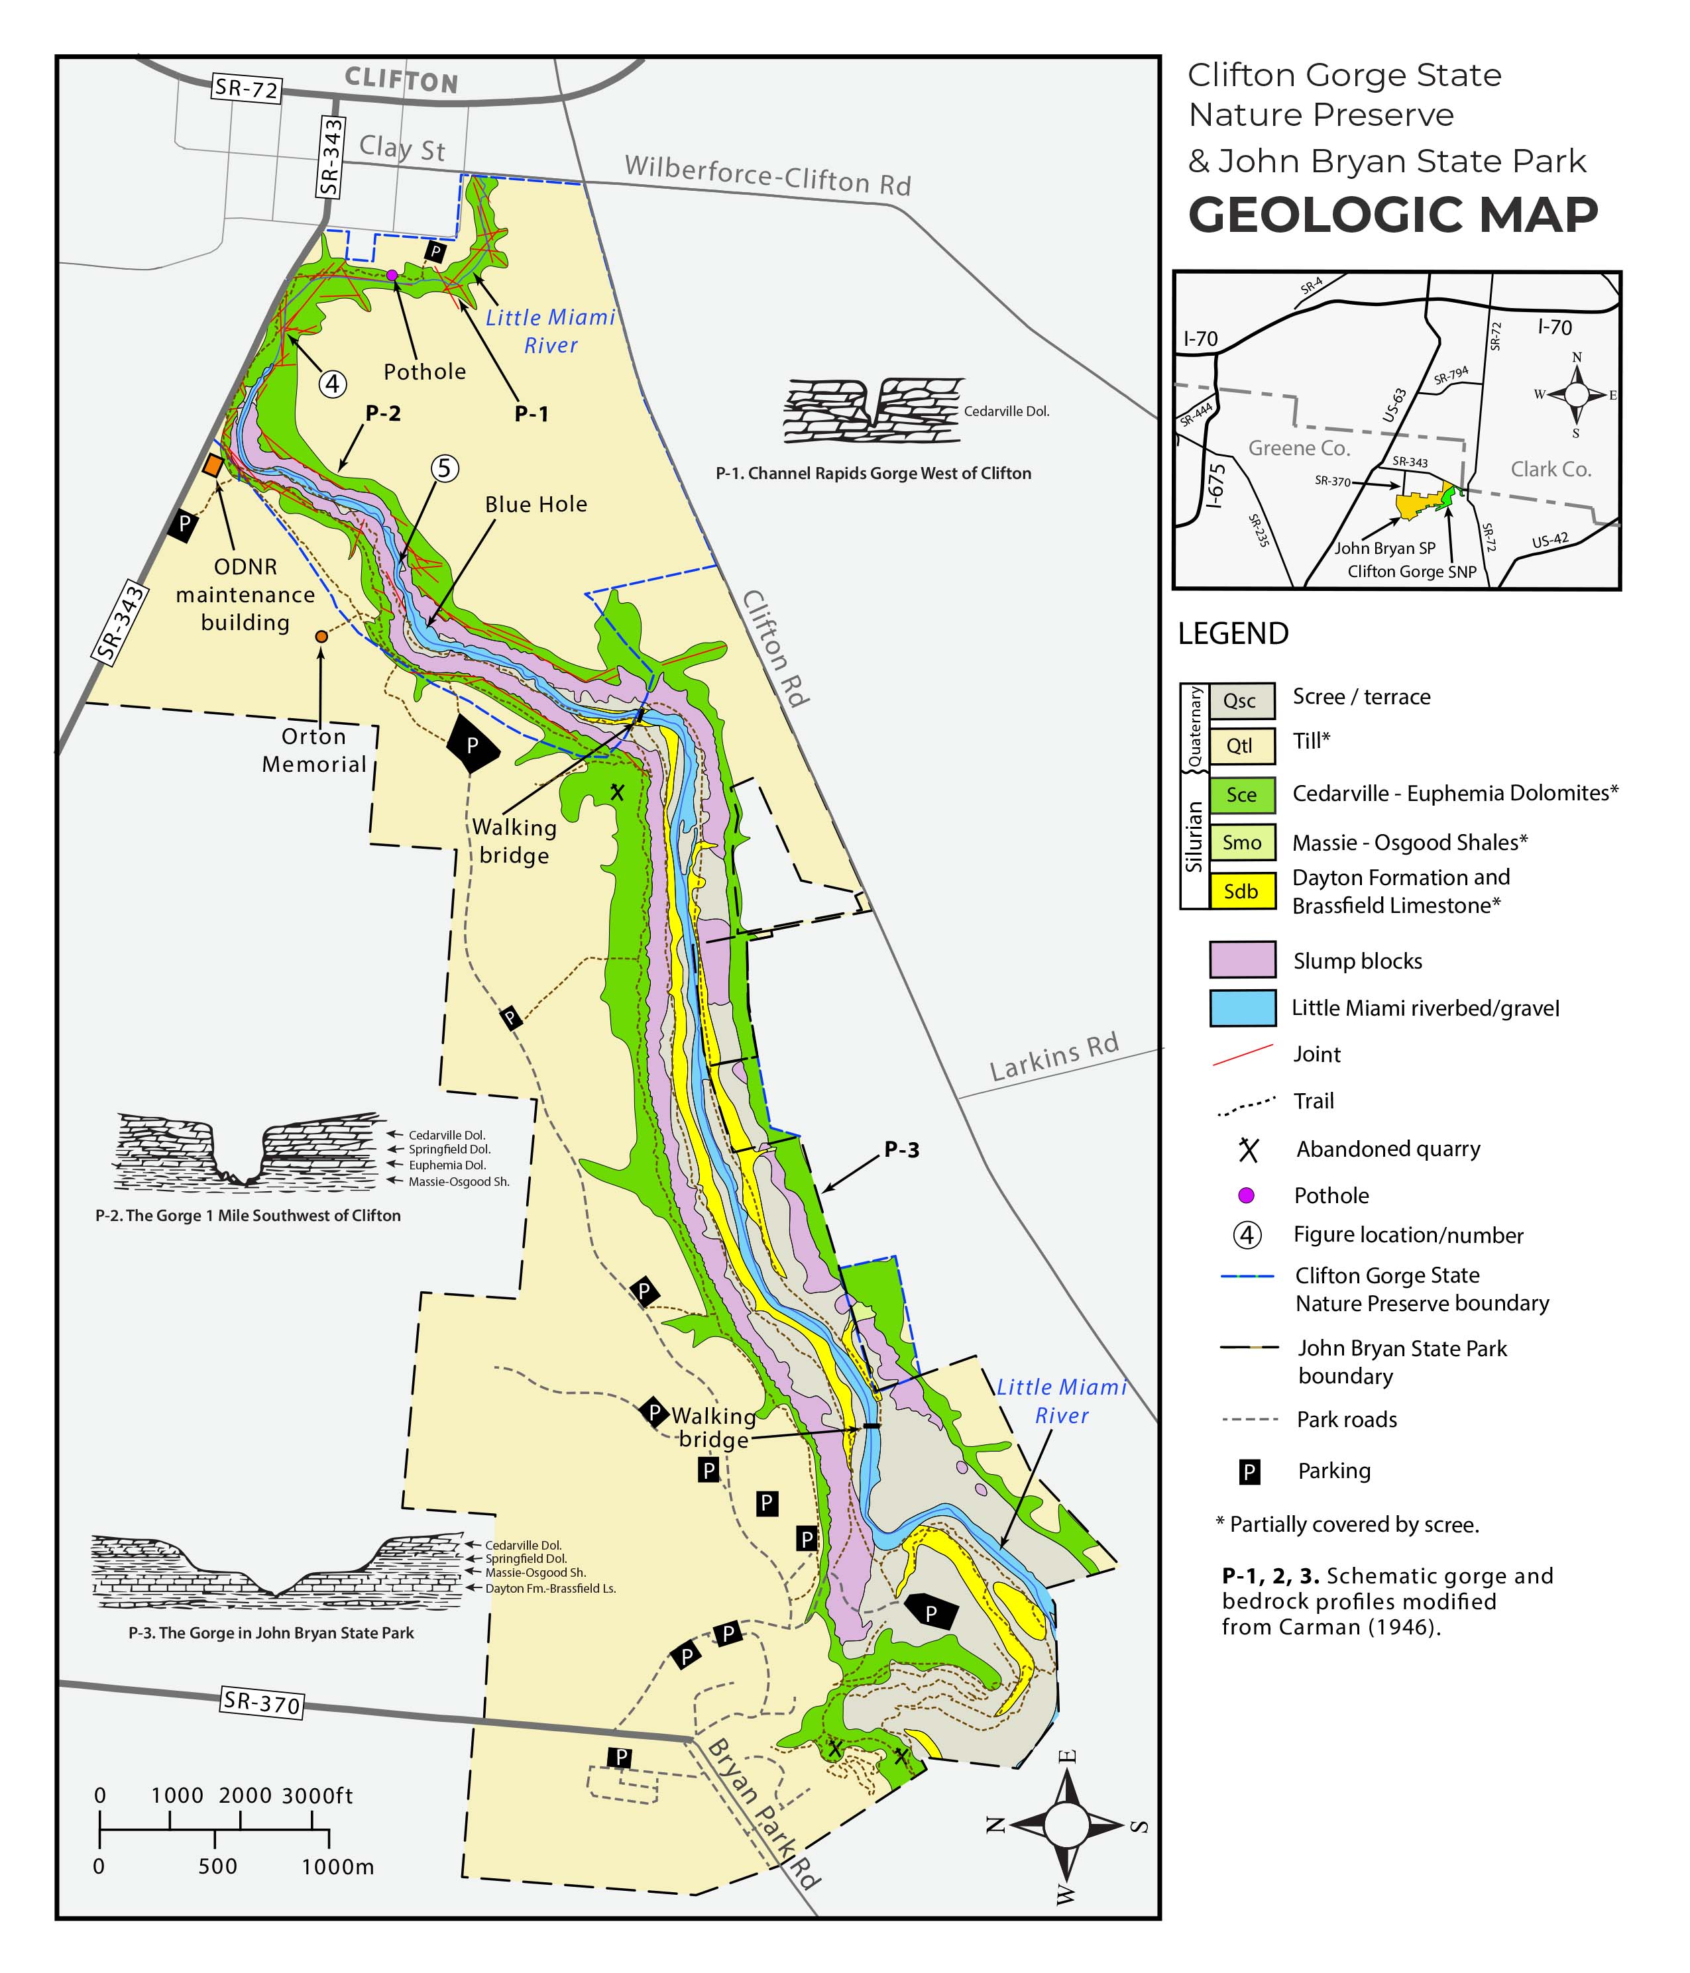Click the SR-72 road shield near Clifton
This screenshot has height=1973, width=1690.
click(246, 89)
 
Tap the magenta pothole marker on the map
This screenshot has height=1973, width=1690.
click(392, 275)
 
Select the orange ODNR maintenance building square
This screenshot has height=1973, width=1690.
click(213, 466)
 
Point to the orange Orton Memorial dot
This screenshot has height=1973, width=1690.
click(321, 635)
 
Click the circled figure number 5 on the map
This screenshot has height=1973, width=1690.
click(445, 468)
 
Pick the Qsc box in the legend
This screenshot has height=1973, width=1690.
click(1241, 701)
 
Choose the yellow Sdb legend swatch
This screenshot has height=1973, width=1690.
click(1241, 891)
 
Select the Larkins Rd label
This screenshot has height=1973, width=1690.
click(1054, 1056)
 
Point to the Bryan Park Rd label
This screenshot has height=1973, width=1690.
click(762, 1814)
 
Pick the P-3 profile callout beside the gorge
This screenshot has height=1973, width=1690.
click(901, 1149)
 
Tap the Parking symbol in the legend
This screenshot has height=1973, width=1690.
click(1249, 1472)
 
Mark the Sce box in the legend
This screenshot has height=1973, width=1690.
click(1241, 795)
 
